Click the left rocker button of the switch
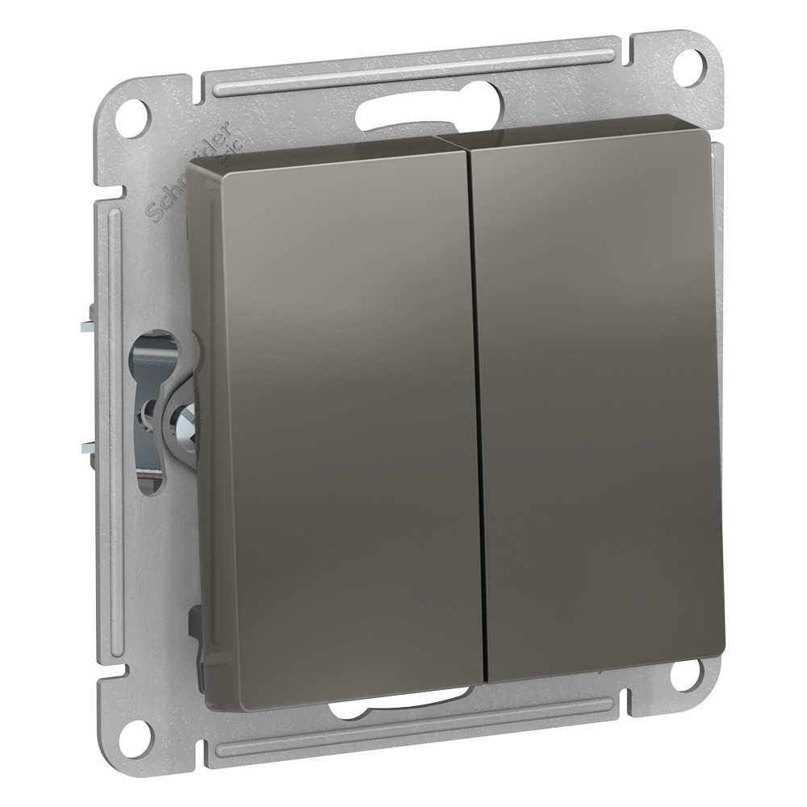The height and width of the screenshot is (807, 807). pos(339,412)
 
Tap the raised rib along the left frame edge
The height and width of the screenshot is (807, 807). pos(113,403)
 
